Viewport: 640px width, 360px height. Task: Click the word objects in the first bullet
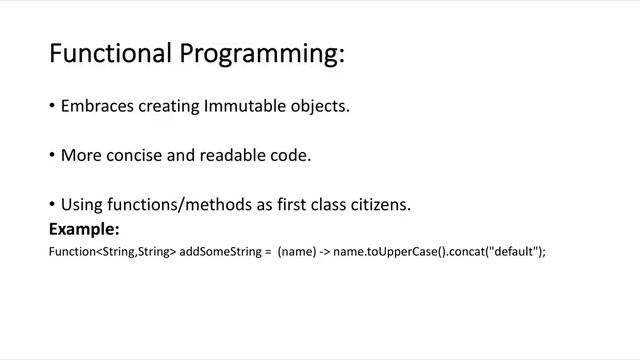[320, 106]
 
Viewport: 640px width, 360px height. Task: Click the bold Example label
[84, 229]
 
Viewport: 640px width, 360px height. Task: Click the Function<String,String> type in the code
[112, 252]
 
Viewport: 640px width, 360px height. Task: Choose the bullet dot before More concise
[52, 156]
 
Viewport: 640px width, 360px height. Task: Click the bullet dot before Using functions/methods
[52, 205]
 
